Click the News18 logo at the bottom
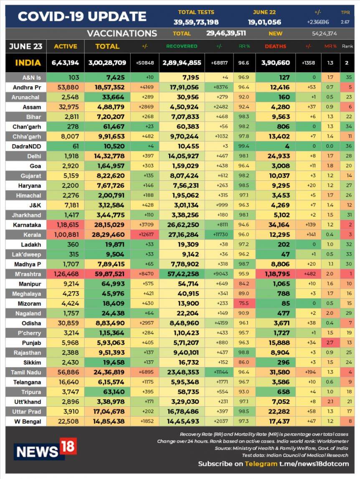(x=45, y=449)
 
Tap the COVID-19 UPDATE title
(x=82, y=16)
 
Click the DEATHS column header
(x=275, y=46)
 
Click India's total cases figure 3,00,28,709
(x=107, y=63)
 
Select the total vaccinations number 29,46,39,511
(x=226, y=33)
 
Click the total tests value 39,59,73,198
(x=196, y=22)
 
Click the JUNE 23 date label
(x=25, y=46)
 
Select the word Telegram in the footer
(x=261, y=464)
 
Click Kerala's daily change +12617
(x=145, y=235)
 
